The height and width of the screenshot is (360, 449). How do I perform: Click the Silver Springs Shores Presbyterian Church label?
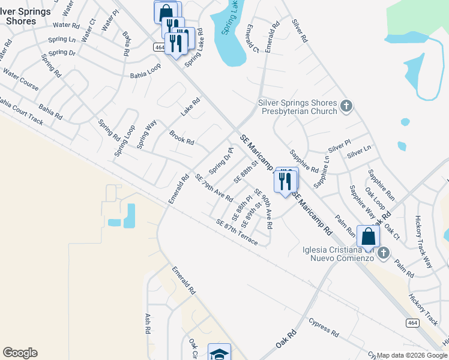coord(297,107)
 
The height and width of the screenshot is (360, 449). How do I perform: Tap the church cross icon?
coord(346,106)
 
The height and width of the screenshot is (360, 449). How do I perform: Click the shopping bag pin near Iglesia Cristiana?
coord(368,236)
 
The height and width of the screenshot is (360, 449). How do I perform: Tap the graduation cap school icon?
coord(219,353)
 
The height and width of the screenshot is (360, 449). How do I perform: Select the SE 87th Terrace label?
coord(237,232)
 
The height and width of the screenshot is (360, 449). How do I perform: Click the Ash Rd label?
coord(146,323)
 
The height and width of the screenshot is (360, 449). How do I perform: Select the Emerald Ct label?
coord(250,39)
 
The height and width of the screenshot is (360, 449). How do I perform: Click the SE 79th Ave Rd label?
coord(214,188)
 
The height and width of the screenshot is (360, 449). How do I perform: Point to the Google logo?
coord(20,353)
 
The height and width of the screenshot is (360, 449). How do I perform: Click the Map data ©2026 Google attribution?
coord(412,355)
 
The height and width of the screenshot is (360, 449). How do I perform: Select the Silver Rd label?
coord(300,31)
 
